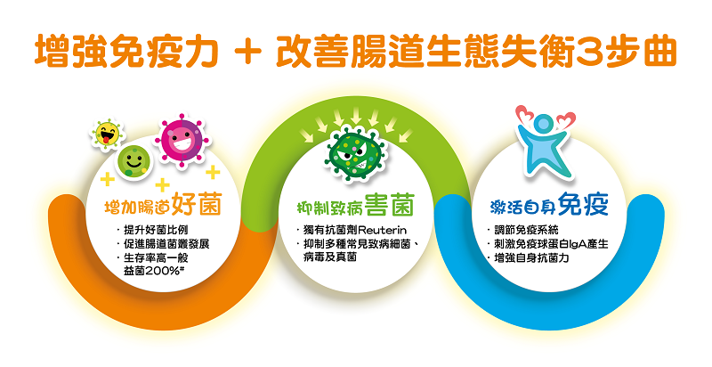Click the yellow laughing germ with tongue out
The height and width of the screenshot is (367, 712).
point(107,134)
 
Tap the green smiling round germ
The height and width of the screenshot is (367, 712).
point(134,161)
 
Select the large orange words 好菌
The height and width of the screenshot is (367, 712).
point(197,205)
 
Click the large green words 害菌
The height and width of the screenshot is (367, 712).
point(390,205)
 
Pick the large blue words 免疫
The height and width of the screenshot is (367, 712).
point(583,204)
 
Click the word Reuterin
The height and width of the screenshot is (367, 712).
point(383,231)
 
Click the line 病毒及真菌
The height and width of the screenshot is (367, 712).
point(330,257)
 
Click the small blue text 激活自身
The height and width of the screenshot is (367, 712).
point(523,208)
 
